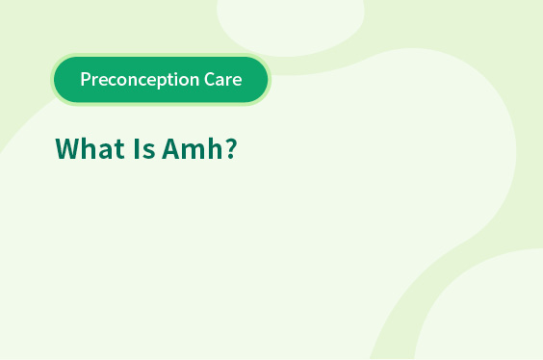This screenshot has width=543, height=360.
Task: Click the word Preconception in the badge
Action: tap(140, 80)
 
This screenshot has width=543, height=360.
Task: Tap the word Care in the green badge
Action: tap(223, 79)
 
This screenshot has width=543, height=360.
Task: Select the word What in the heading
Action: tap(90, 148)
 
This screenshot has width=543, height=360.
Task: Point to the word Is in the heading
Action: tap(144, 149)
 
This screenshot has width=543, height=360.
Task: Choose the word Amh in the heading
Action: tap(193, 148)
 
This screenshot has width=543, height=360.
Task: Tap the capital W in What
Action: tap(67, 149)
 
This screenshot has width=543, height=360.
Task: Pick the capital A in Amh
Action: tap(171, 149)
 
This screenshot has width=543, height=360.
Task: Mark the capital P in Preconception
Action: tap(86, 79)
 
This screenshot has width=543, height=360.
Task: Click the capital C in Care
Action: tap(210, 79)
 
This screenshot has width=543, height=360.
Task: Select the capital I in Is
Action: tap(136, 149)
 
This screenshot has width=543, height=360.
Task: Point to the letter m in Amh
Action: tap(194, 151)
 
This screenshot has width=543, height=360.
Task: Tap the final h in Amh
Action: tap(216, 148)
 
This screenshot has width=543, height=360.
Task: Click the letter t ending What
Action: tap(119, 150)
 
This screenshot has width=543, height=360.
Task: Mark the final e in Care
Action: tap(237, 81)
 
